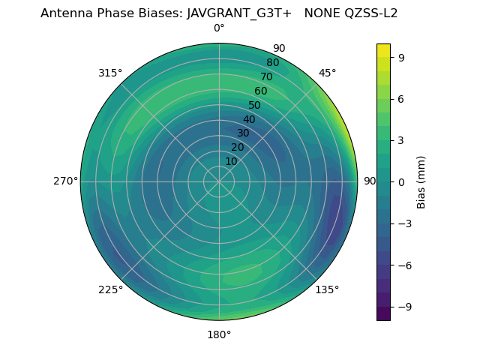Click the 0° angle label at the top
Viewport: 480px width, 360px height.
point(219,28)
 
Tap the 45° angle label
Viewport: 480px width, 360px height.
point(328,73)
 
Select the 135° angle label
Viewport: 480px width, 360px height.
point(327,289)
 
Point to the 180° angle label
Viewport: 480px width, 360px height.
point(219,334)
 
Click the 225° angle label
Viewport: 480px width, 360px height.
point(110,289)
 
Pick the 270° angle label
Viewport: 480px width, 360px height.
point(65,181)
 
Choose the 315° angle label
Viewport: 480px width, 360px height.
point(110,73)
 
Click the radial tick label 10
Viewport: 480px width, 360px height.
point(231,161)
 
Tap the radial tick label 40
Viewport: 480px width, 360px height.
point(249,119)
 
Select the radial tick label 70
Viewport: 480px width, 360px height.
point(266,76)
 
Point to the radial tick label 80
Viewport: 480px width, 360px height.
point(272,62)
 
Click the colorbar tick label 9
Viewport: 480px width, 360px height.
point(402,57)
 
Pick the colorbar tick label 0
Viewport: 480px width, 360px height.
point(402,181)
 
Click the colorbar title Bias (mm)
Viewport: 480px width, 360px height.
point(421,181)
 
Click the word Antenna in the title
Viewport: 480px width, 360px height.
point(65,13)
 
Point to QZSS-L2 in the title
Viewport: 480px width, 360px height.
point(370,13)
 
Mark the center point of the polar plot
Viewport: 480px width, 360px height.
point(219,181)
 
